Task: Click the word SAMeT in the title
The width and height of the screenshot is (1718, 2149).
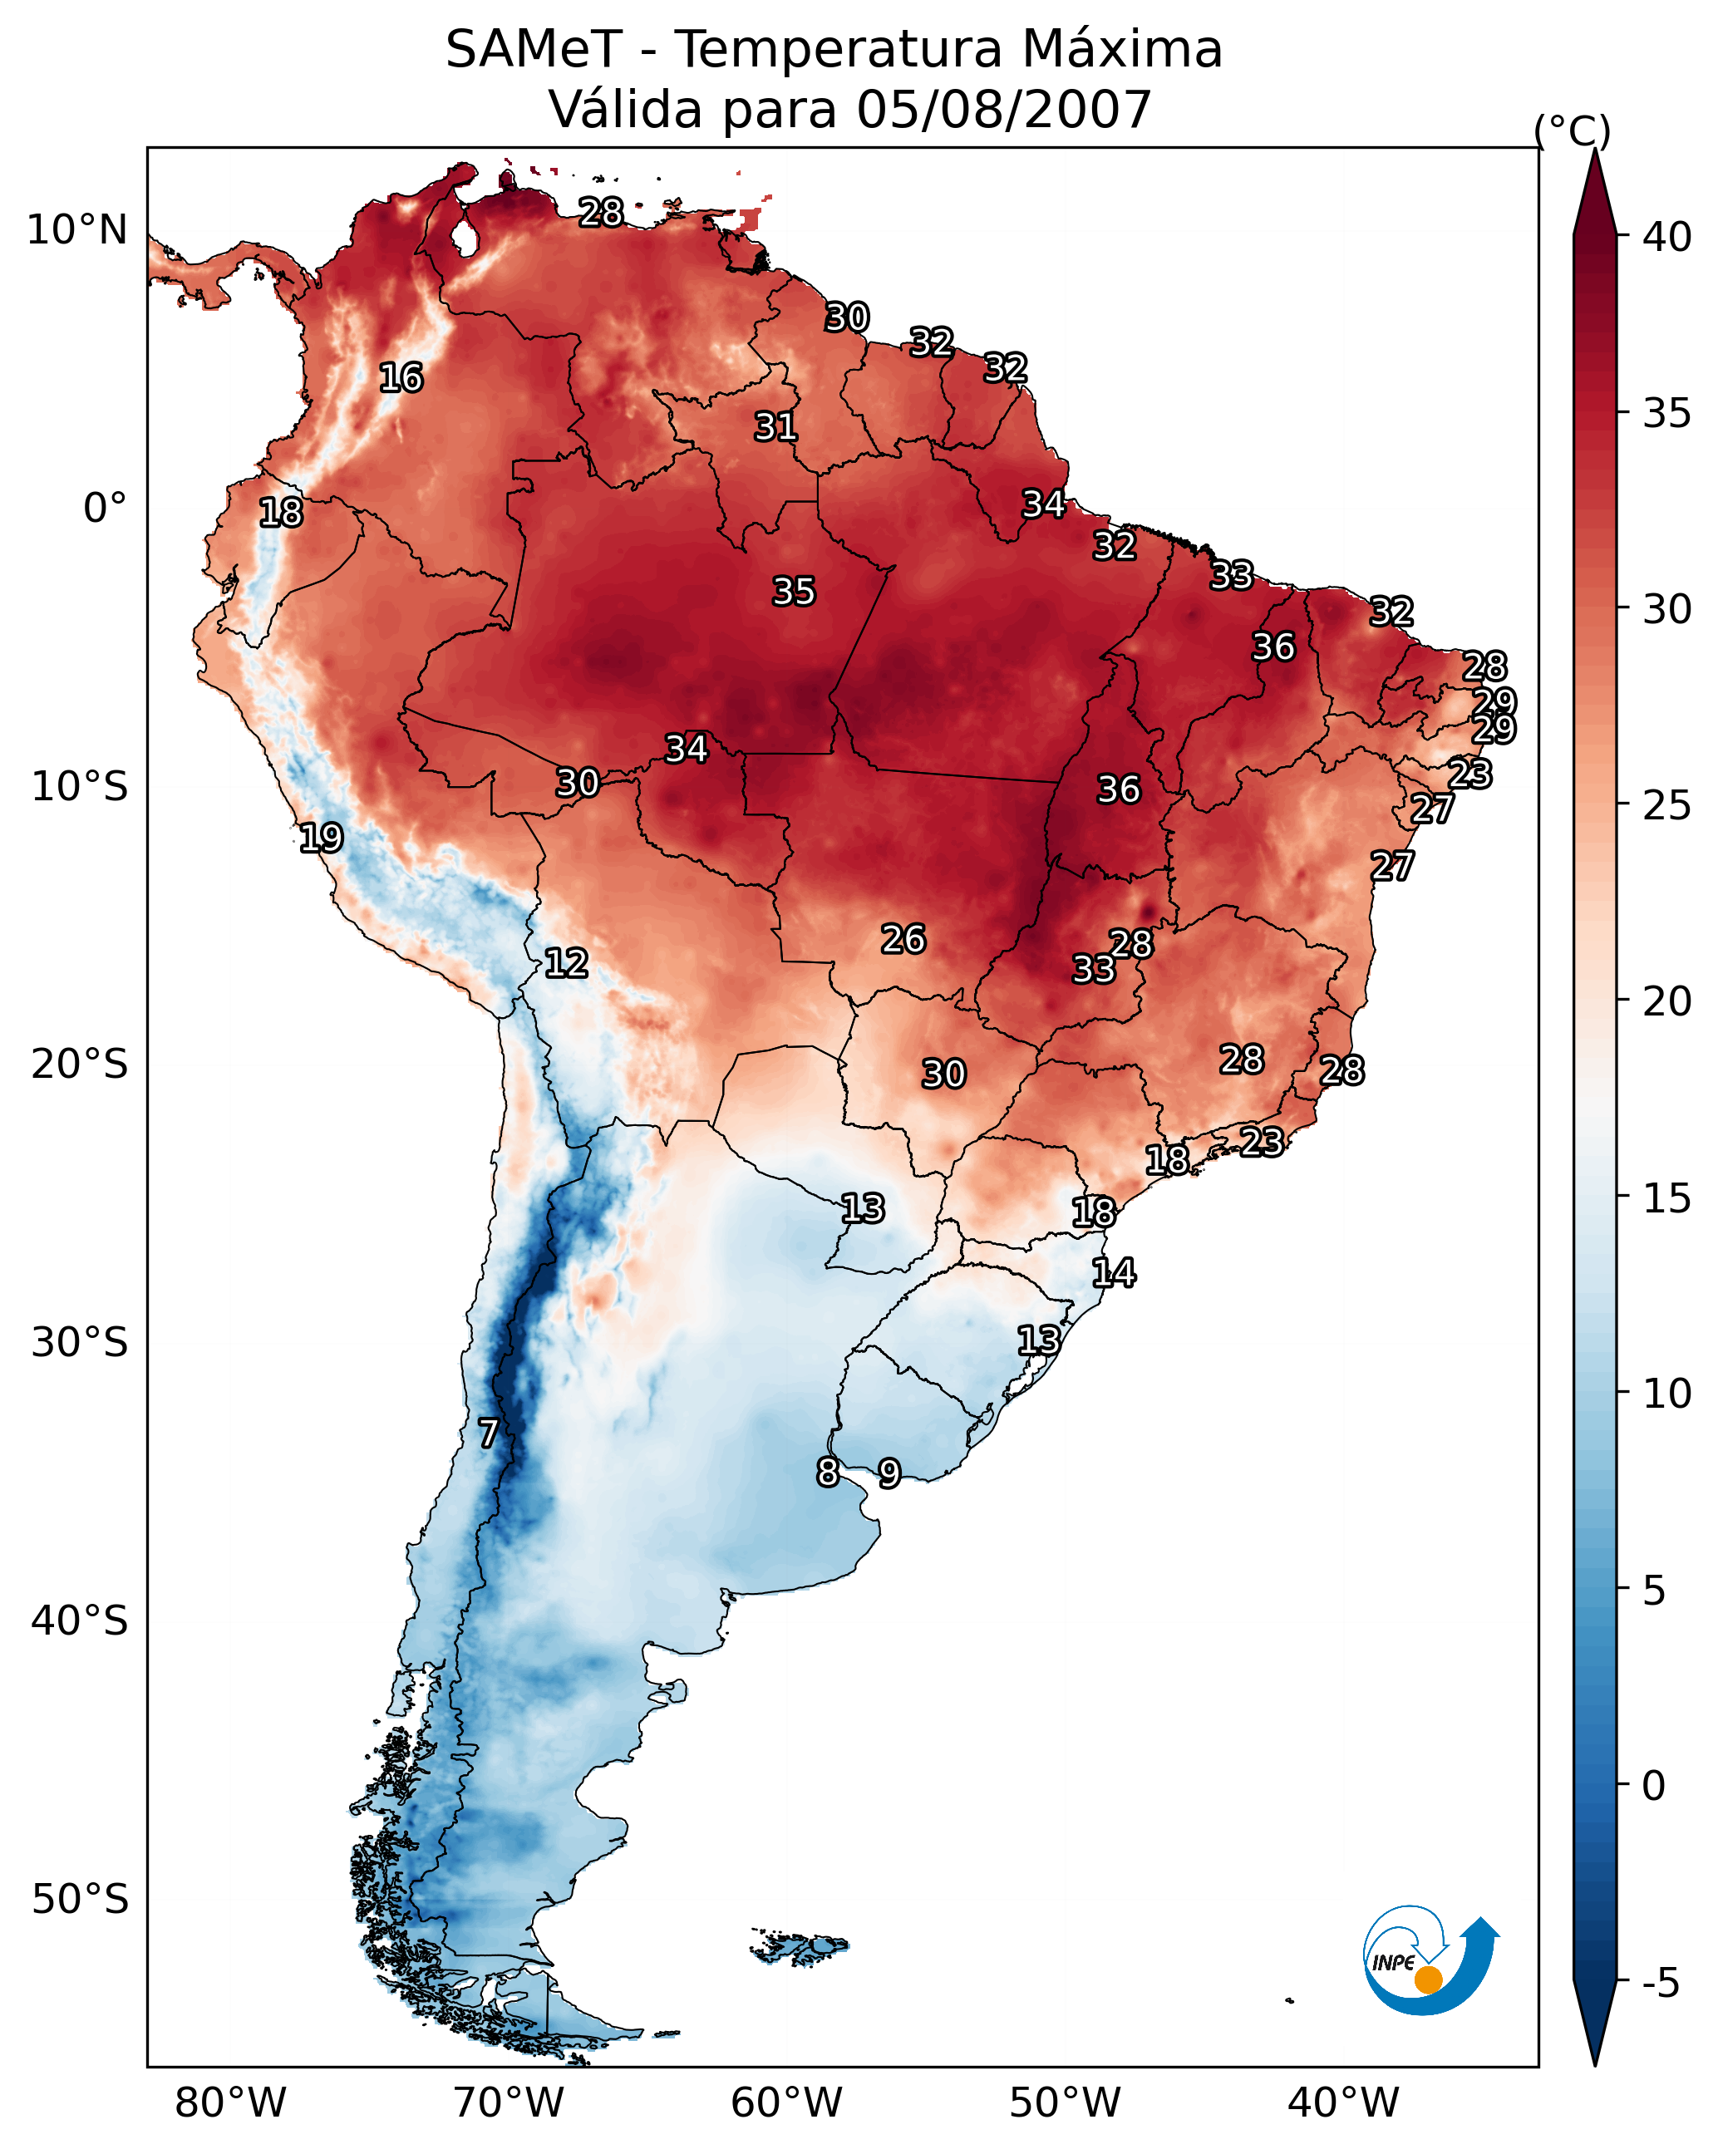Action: (x=534, y=50)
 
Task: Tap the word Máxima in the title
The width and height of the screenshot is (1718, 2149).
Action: (x=1122, y=50)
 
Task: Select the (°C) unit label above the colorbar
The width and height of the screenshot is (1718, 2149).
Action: (x=1573, y=130)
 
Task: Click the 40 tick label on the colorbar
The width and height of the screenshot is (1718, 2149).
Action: (x=1667, y=237)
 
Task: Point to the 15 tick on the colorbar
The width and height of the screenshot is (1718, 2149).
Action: (x=1667, y=1198)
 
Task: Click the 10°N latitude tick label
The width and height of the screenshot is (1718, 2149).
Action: (x=76, y=230)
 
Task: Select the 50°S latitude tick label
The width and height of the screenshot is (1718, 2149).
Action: (x=80, y=1900)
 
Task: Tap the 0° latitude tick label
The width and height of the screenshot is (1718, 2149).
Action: (x=105, y=509)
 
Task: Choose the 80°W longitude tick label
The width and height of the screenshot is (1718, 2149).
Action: (x=230, y=2103)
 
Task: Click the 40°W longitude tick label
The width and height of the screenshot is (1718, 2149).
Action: (x=1343, y=2103)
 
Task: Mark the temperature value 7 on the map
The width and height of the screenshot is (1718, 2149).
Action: (x=488, y=1433)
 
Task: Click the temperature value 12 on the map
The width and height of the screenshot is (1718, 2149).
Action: (x=566, y=963)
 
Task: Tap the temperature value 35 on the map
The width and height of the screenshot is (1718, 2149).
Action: (x=794, y=591)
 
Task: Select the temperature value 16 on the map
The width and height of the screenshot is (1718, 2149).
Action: (x=401, y=378)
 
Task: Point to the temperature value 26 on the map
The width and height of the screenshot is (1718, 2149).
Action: (x=903, y=939)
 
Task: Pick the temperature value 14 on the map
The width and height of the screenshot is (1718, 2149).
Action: (x=1114, y=1273)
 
